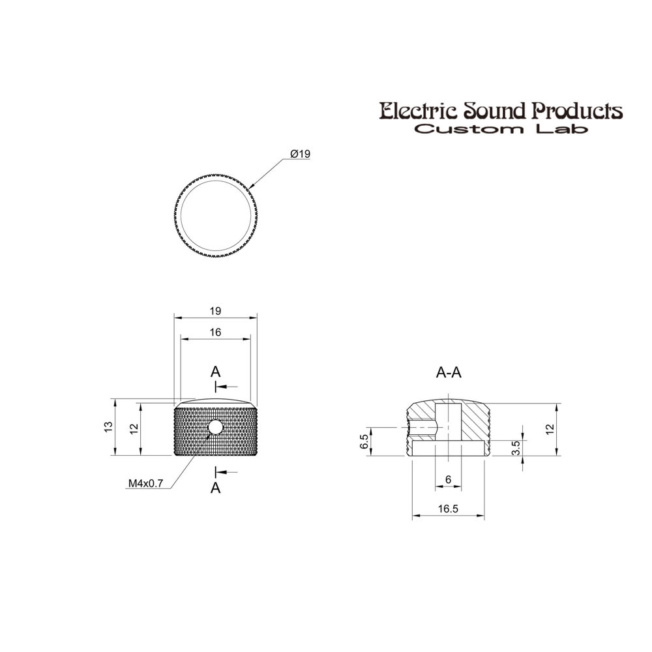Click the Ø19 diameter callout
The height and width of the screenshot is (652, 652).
click(x=300, y=154)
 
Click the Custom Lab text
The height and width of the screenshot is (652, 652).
click(x=501, y=129)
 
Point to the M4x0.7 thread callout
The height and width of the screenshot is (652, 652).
click(x=145, y=483)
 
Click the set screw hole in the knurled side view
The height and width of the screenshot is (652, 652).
click(x=215, y=426)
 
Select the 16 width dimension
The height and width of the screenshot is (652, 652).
click(x=215, y=333)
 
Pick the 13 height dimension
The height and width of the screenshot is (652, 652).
click(x=108, y=426)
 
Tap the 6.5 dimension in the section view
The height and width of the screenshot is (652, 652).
click(x=364, y=441)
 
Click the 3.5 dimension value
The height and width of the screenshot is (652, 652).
click(x=516, y=449)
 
